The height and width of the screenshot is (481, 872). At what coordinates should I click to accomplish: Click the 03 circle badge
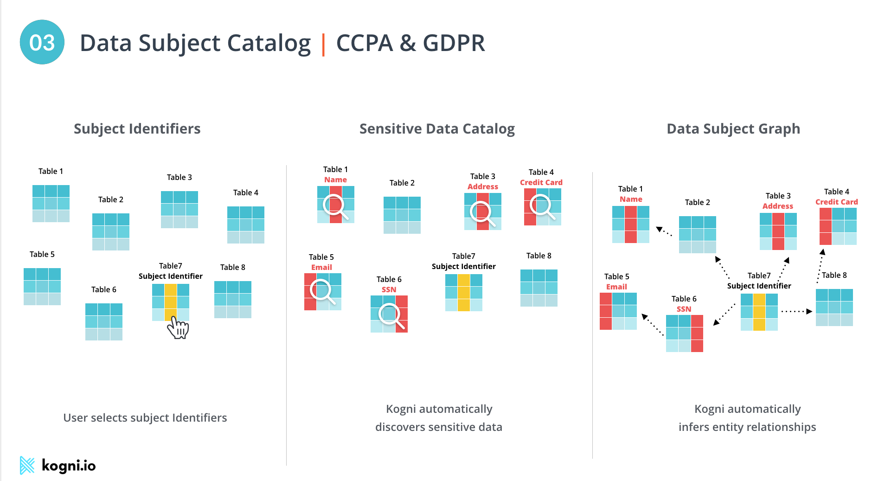(42, 42)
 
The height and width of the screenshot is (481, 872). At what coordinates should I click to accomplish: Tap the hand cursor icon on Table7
(178, 328)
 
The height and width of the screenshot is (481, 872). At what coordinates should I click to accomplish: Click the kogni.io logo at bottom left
(58, 465)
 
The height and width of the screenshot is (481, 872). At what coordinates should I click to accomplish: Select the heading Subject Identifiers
(137, 128)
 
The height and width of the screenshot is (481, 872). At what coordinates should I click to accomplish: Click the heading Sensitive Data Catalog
(437, 128)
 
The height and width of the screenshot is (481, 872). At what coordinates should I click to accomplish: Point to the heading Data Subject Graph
(733, 128)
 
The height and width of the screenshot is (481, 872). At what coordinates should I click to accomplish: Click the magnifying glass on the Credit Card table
(542, 206)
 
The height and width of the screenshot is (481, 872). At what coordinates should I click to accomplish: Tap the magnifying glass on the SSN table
(391, 315)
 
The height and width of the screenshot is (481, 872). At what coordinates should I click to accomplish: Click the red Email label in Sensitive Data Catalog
(321, 267)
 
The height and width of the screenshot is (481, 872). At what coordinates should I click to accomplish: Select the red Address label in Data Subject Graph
(778, 206)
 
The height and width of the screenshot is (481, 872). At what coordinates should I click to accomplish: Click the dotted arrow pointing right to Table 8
(796, 311)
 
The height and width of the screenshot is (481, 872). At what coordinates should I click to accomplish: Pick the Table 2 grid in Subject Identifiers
(110, 232)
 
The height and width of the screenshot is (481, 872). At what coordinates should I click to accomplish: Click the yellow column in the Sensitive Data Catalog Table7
(464, 292)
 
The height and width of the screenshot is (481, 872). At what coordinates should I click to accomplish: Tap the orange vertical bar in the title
(323, 45)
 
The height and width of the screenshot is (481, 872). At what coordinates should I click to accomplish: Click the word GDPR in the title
(454, 43)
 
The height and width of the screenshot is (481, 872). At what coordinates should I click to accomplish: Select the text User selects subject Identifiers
(145, 417)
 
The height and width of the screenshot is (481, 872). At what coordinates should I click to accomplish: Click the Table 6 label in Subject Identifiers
(103, 289)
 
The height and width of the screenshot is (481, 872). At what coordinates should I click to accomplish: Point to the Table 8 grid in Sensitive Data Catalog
(539, 288)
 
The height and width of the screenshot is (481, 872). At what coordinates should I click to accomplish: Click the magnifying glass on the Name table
(335, 206)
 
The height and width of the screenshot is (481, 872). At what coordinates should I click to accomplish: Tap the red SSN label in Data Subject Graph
(684, 309)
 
